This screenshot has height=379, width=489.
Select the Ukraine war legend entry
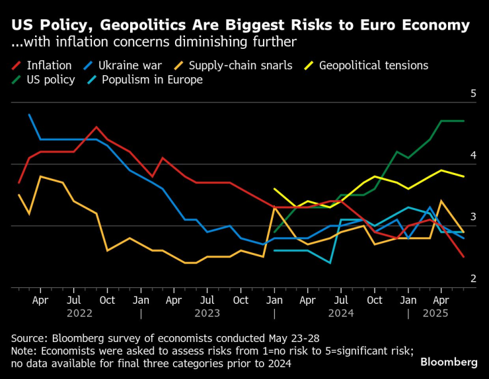[x=127, y=65]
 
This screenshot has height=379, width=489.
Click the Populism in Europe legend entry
[x=151, y=80]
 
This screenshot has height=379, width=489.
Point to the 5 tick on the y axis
[x=473, y=94]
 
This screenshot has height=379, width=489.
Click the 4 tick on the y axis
[x=473, y=155]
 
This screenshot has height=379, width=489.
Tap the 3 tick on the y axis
[x=473, y=217]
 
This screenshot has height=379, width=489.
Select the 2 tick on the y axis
[x=473, y=279]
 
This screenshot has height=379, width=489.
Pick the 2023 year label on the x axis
[x=207, y=315]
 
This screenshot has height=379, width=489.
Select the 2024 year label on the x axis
[x=341, y=315]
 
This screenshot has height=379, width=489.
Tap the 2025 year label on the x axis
[x=435, y=315]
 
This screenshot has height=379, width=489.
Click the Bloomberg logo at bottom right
[x=449, y=362]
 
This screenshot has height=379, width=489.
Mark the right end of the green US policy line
[x=464, y=121]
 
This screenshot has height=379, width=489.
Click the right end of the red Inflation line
[x=464, y=257]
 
